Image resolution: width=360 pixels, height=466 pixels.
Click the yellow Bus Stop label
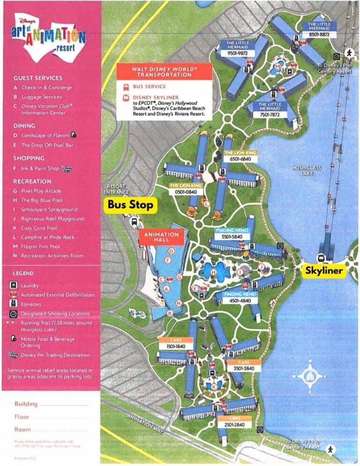130,205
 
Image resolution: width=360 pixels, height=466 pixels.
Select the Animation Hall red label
161,237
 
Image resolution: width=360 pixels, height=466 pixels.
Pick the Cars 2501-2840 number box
234,425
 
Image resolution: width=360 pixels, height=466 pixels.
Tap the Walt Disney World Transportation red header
164,72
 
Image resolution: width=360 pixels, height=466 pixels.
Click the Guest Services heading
38,78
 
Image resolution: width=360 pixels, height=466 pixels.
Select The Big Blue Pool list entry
45,200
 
